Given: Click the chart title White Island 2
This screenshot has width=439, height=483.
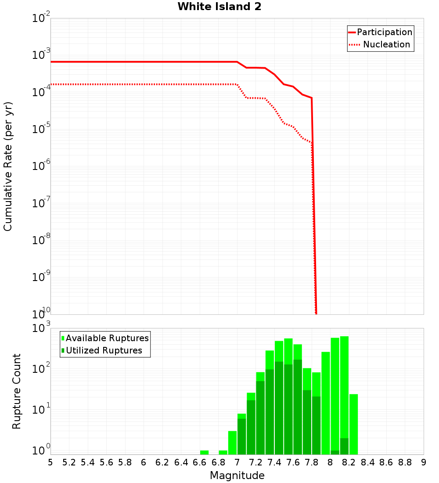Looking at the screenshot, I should pos(219,7).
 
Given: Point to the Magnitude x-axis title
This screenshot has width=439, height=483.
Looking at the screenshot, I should pos(237,476).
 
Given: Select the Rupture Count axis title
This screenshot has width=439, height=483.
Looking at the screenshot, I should pos(17,391).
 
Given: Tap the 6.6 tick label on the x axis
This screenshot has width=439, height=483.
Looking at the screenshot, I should pos(200,462).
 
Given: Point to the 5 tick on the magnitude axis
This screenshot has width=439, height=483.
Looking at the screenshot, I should pos(50,462).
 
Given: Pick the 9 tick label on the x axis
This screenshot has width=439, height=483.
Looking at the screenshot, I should pos(424,462).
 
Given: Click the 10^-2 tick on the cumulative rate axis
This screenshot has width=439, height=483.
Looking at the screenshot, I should pos(41,18).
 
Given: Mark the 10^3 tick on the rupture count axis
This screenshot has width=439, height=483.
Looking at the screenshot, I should pos(42,328).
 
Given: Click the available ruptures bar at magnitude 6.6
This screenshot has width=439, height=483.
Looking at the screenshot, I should pos(204,452).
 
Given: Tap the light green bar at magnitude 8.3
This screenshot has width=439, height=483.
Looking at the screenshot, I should pos(353,424).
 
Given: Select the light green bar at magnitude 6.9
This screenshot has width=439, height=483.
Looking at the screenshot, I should pos(223,452).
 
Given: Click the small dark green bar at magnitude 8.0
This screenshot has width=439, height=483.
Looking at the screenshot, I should pos(335,452).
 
